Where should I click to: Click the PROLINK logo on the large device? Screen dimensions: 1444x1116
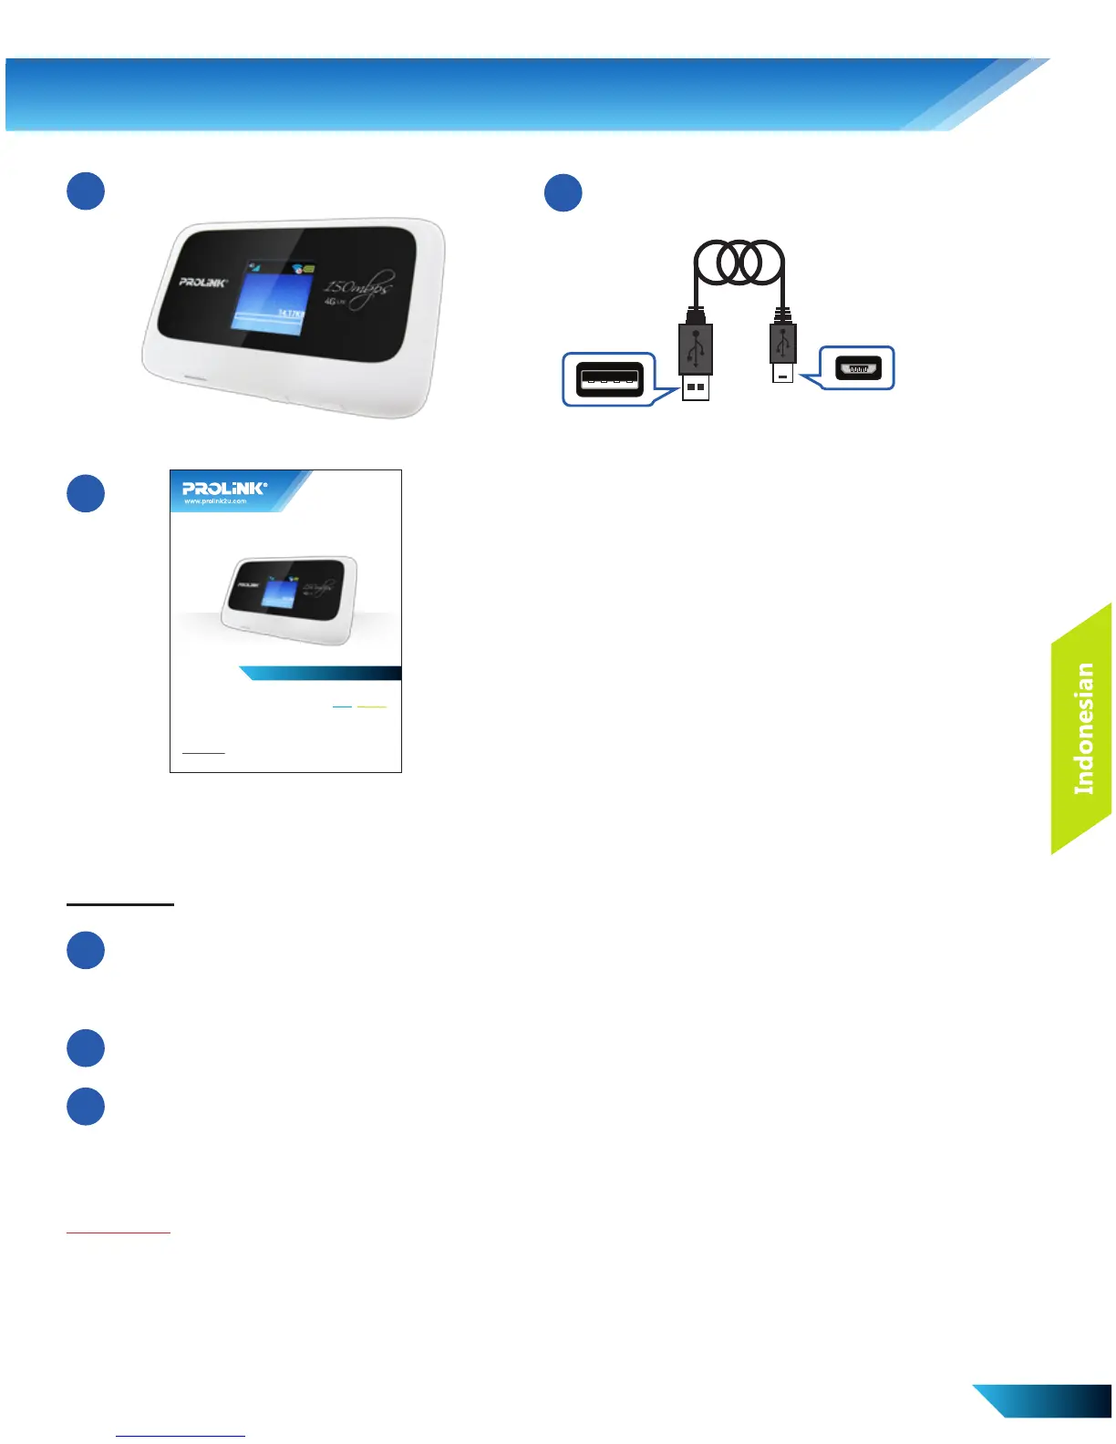[202, 282]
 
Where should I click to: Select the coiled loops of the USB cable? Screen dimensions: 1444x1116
[739, 263]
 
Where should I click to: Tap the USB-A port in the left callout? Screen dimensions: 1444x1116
[609, 378]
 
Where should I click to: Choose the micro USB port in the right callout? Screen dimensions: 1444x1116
[858, 368]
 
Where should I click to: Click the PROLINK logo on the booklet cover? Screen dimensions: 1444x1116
[224, 488]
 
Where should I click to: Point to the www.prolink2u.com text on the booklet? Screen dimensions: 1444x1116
[215, 501]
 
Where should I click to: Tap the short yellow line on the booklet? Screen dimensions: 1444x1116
[372, 707]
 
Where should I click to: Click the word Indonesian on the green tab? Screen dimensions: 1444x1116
[1083, 727]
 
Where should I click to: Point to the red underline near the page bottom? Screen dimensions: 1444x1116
[119, 1233]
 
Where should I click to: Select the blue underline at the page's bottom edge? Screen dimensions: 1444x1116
[181, 1436]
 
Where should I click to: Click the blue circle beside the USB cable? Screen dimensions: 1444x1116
[563, 192]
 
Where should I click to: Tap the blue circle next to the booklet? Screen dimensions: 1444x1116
[86, 493]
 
